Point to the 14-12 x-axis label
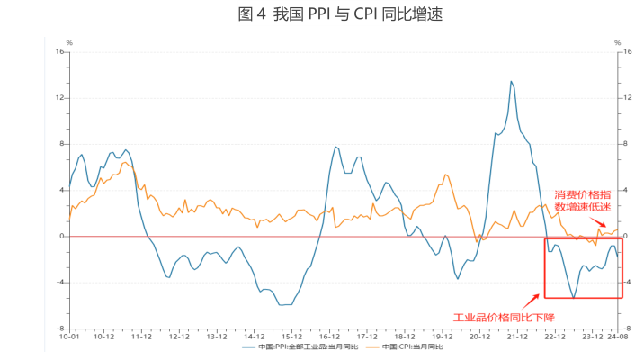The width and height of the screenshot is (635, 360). pos(253,336)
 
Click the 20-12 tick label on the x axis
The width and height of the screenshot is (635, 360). pos(478,336)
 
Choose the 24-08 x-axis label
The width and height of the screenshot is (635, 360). pos(615,336)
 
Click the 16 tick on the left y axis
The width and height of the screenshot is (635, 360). pos(60,51)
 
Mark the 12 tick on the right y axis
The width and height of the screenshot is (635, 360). pos(618,97)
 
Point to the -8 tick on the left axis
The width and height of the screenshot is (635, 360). pos(60,328)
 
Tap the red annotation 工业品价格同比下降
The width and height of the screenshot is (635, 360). pos(503,317)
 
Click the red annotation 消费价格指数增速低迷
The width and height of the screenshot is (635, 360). pos(584,202)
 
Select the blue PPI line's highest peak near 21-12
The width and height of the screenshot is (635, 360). pos(512,82)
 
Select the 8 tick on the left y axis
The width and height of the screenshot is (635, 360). pos(62,144)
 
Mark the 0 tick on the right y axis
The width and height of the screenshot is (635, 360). pos(616,236)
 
